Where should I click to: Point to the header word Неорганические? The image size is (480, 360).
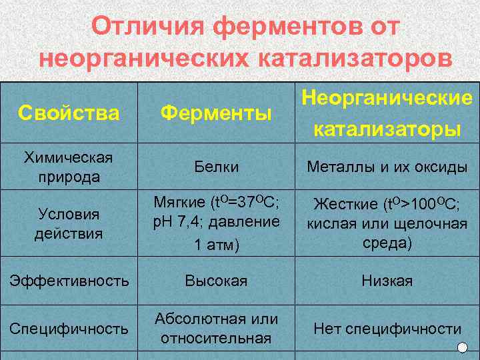(387, 98)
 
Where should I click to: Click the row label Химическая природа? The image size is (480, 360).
(69, 167)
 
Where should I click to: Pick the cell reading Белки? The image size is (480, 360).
(216, 167)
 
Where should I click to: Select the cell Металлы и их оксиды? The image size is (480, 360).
(387, 167)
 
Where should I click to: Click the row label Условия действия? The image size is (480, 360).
(69, 223)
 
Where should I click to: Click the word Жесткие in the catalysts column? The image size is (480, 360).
(339, 203)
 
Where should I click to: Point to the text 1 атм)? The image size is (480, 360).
(216, 245)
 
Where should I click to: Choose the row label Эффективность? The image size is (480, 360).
(69, 281)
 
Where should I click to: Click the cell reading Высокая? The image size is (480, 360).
(216, 281)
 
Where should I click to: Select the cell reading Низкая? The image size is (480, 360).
(387, 281)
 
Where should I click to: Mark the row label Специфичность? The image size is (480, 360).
(69, 328)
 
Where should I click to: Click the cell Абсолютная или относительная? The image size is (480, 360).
(216, 328)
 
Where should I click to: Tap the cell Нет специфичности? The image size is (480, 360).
(387, 328)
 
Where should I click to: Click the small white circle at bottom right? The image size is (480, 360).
(463, 347)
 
